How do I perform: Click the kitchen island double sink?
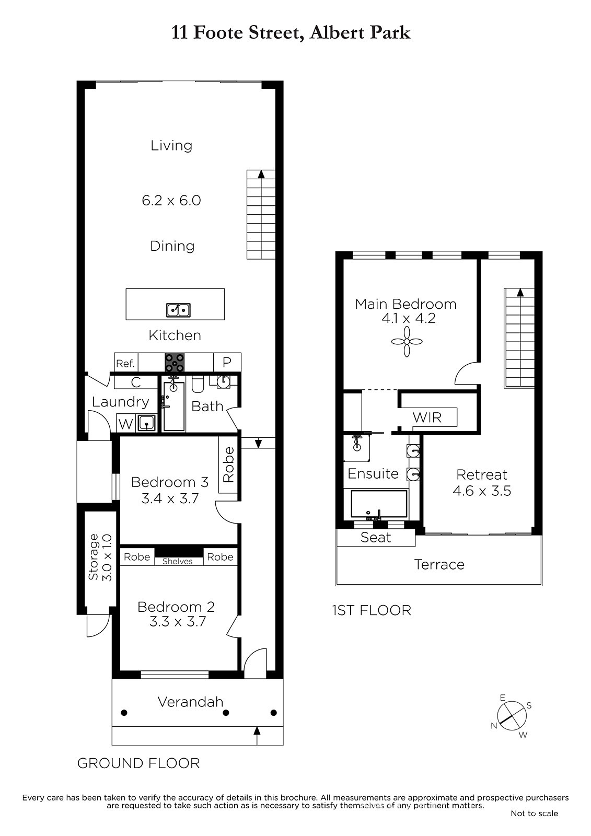pyautogui.click(x=178, y=310)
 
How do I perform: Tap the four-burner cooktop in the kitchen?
pyautogui.click(x=175, y=363)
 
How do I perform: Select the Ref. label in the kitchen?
pyautogui.click(x=125, y=364)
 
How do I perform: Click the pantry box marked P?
pyautogui.click(x=227, y=362)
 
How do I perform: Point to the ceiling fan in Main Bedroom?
pyautogui.click(x=407, y=342)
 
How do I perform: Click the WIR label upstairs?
pyautogui.click(x=427, y=417)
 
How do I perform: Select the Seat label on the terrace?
pyautogui.click(x=376, y=538)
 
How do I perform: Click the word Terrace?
pyautogui.click(x=439, y=565)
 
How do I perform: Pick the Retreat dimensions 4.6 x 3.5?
pyautogui.click(x=482, y=491)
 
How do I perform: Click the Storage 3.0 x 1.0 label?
pyautogui.click(x=100, y=557)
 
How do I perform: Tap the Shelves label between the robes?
pyautogui.click(x=177, y=561)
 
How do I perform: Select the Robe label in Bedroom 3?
pyautogui.click(x=228, y=465)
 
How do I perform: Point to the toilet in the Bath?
pyautogui.click(x=198, y=385)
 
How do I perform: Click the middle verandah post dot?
pyautogui.click(x=226, y=713)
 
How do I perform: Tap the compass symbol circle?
pyautogui.click(x=512, y=716)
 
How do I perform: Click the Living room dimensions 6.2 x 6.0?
pyautogui.click(x=171, y=201)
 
